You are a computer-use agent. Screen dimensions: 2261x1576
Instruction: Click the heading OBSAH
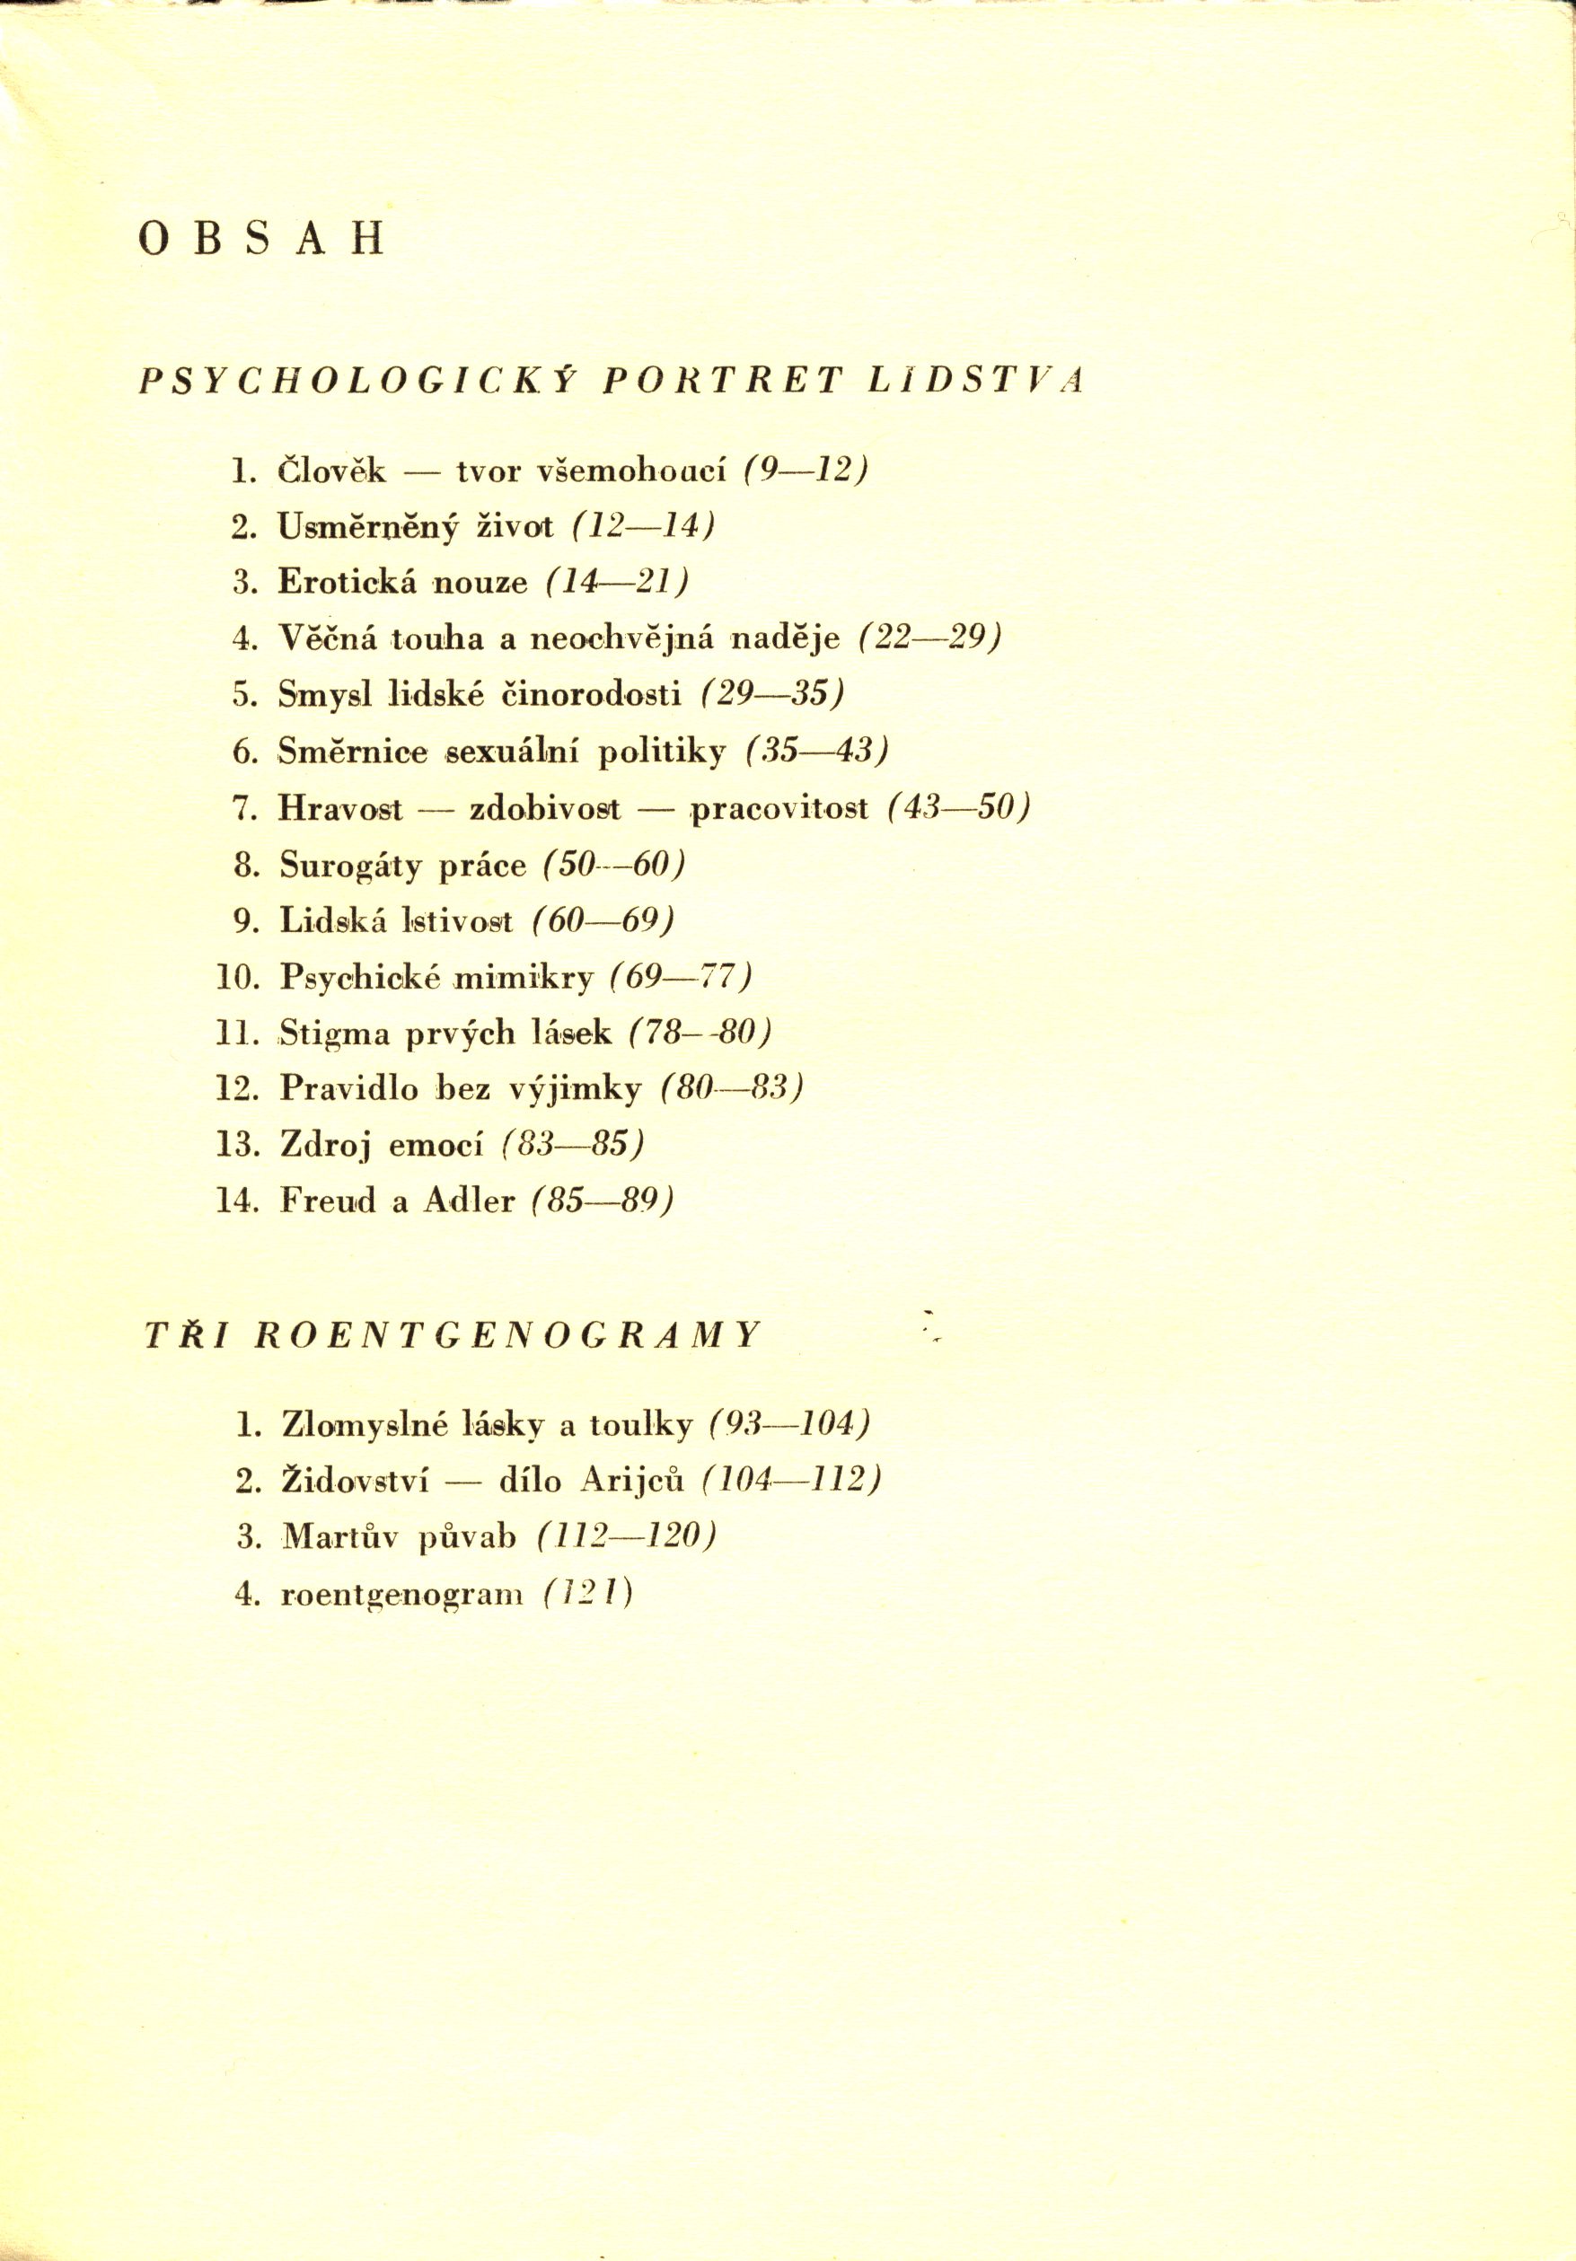tap(261, 239)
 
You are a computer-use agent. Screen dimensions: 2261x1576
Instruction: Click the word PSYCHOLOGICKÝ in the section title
tap(357, 381)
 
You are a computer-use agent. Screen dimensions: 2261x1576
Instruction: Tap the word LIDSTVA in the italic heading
tap(975, 381)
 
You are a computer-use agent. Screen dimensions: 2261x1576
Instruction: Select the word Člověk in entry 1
tap(332, 471)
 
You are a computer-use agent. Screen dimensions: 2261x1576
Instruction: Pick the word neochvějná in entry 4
tap(617, 639)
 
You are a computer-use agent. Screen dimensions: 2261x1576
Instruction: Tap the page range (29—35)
tap(773, 694)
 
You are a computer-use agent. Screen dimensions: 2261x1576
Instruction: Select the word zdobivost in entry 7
tap(545, 808)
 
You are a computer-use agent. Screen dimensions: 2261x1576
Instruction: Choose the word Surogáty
tap(350, 866)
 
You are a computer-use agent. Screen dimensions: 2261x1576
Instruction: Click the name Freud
tap(327, 1201)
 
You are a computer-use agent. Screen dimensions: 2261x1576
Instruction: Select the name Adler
tap(469, 1201)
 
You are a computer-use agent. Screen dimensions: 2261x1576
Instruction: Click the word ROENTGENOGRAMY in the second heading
tap(507, 1335)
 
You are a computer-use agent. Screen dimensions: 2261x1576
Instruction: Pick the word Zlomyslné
tap(365, 1425)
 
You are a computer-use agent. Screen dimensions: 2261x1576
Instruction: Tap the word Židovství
tap(355, 1481)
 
